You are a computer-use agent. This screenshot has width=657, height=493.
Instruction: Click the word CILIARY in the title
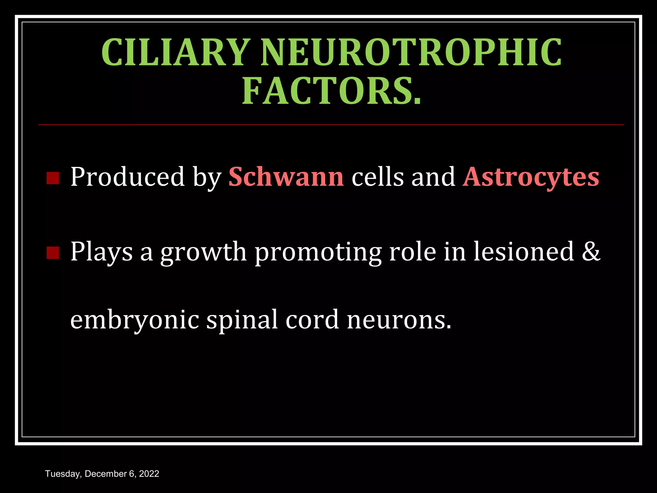175,52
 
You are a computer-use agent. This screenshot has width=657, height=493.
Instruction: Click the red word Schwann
286,177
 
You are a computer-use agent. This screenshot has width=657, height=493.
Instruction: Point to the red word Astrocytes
531,177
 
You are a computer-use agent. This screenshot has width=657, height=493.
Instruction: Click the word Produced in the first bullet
127,177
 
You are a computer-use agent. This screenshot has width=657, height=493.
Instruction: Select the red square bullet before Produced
53,178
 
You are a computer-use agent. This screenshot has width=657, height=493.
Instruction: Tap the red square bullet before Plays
53,253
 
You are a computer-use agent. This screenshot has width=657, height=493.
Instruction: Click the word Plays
101,252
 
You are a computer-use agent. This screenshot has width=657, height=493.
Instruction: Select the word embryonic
135,320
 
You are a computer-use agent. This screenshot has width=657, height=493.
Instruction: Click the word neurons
399,320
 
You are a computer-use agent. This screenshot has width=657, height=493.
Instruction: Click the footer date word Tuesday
63,474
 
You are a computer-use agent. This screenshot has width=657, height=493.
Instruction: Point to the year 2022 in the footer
149,474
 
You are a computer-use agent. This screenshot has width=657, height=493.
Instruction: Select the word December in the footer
106,474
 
